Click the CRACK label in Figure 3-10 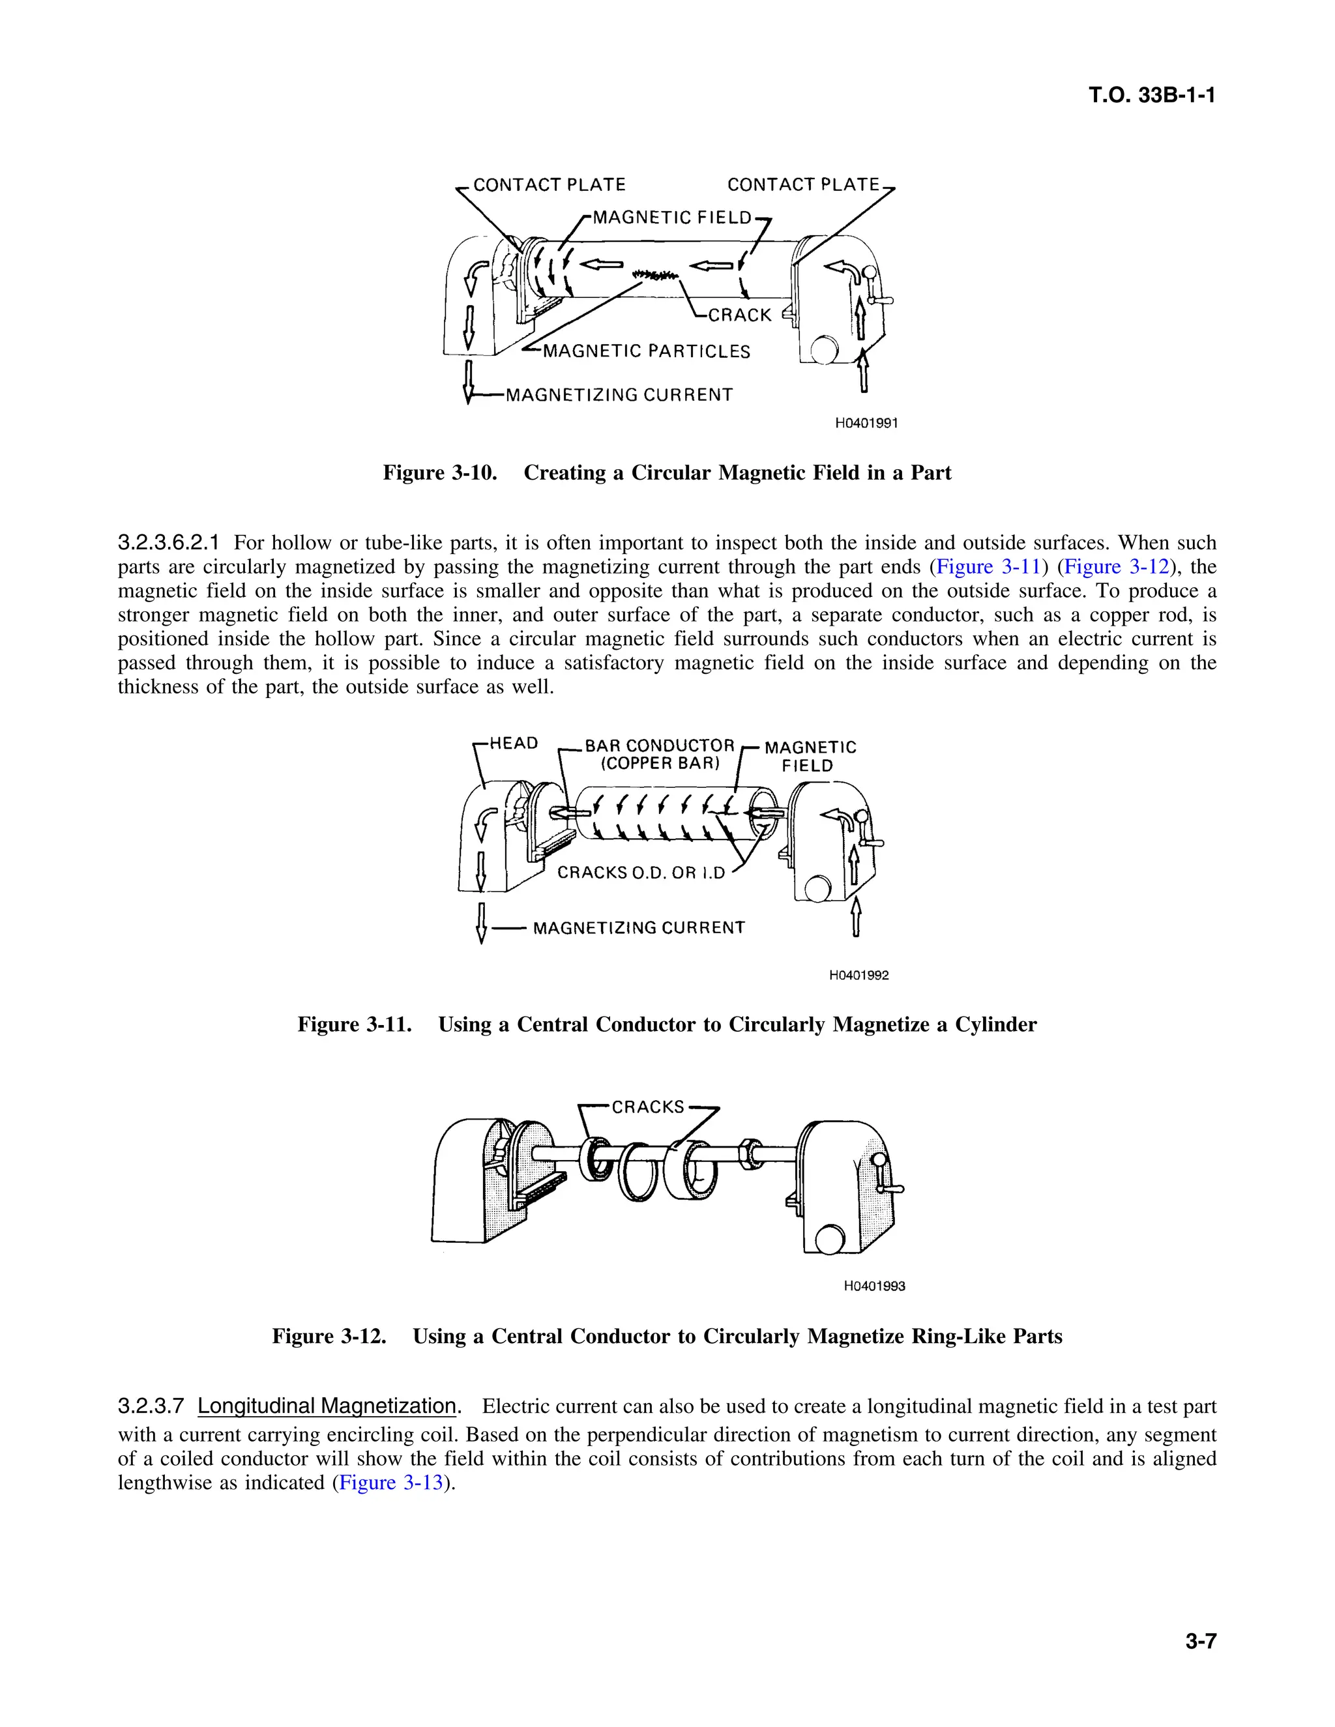pyautogui.click(x=739, y=315)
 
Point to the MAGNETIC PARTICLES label pyautogui.click(x=646, y=351)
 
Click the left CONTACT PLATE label pyautogui.click(x=549, y=185)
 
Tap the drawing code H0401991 pyautogui.click(x=866, y=423)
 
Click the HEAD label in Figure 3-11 pyautogui.click(x=513, y=744)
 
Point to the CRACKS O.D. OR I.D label pyautogui.click(x=641, y=873)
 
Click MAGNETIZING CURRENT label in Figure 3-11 pyautogui.click(x=638, y=927)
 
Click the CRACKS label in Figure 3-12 pyautogui.click(x=647, y=1107)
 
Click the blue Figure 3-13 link pyautogui.click(x=390, y=1482)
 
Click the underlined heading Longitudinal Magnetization pyautogui.click(x=327, y=1406)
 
